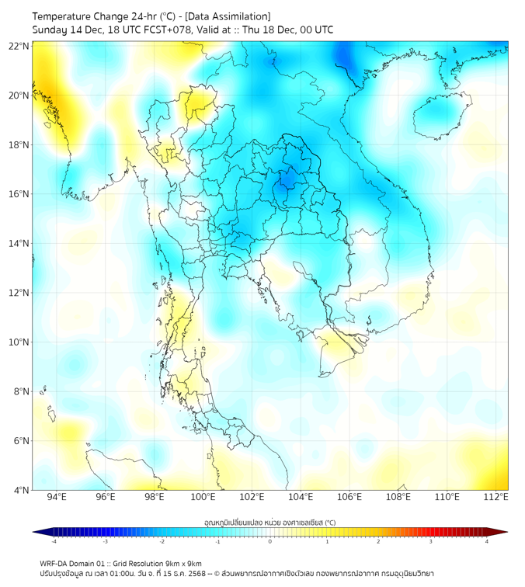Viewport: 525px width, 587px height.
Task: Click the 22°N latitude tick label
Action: click(19, 46)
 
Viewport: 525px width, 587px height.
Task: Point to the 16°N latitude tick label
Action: click(19, 194)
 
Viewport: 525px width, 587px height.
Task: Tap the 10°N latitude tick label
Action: click(19, 342)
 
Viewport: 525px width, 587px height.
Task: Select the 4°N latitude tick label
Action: click(19, 491)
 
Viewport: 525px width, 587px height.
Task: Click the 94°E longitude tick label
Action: click(57, 498)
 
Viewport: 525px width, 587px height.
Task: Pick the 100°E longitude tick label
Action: click(203, 498)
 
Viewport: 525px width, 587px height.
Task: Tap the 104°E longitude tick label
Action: click(301, 498)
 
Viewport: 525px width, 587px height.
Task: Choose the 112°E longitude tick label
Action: click(496, 498)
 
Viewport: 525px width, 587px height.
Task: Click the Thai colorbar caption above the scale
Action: click(269, 522)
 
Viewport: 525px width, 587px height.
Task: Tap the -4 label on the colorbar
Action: click(54, 541)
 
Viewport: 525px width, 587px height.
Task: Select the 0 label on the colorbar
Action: click(270, 541)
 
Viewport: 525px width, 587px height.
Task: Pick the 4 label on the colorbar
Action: click(487, 541)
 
